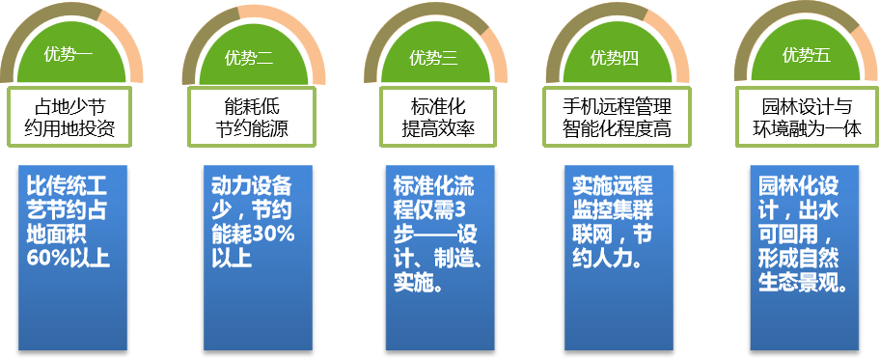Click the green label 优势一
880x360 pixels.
point(69,56)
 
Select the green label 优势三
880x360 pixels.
point(433,58)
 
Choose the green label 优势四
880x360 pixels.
point(615,58)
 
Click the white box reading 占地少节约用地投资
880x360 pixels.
point(69,116)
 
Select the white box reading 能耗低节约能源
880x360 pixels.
point(250,116)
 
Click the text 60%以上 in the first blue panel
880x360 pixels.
point(69,258)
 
